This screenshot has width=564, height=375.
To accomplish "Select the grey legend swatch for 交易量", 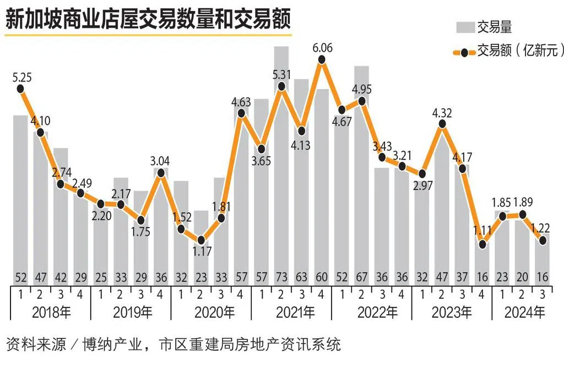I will [x=464, y=26].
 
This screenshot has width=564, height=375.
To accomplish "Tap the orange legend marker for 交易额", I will [x=464, y=52].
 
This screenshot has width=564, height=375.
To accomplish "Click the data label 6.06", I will [x=322, y=48].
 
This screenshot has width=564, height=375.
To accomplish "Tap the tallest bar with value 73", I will [x=281, y=165].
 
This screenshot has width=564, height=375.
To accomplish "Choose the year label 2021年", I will [x=292, y=313].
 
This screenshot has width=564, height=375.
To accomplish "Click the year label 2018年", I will [x=51, y=313].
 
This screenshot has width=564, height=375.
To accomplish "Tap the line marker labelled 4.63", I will [x=241, y=113].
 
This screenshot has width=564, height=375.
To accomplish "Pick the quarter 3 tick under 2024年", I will [x=543, y=295].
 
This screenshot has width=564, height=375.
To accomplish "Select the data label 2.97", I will [x=422, y=185].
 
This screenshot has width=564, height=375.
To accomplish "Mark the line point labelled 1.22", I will [x=543, y=240].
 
